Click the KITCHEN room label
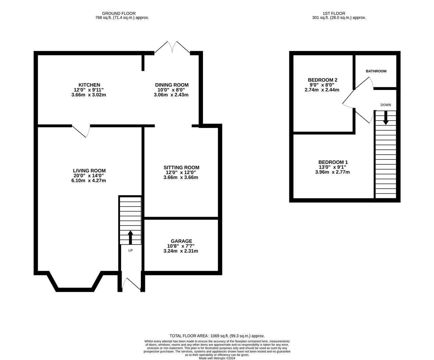(x=89, y=85)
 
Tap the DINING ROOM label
(x=172, y=85)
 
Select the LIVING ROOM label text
(x=89, y=171)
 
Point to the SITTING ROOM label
(x=181, y=167)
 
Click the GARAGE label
(x=181, y=241)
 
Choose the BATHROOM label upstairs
(x=376, y=71)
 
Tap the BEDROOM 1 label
(x=333, y=162)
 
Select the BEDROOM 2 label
(x=322, y=80)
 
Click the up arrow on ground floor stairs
(x=130, y=237)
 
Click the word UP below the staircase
(x=130, y=250)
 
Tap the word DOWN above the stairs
(x=386, y=105)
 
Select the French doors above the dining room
(x=172, y=48)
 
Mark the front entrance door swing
(x=131, y=284)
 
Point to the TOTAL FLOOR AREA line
(x=217, y=336)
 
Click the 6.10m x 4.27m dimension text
(x=89, y=180)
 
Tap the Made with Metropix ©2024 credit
(x=217, y=358)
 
